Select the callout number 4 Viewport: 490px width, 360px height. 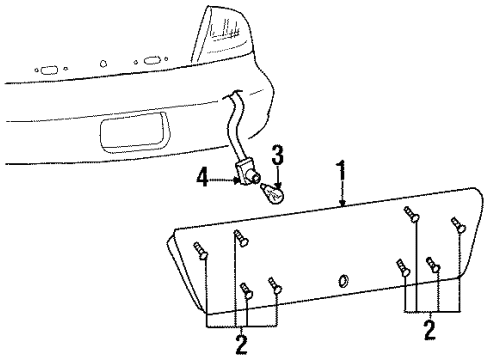click(x=204, y=180)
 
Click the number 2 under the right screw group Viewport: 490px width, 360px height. click(x=430, y=326)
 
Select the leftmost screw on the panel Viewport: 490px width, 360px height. click(x=201, y=251)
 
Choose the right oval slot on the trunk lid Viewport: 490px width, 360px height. click(x=152, y=61)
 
